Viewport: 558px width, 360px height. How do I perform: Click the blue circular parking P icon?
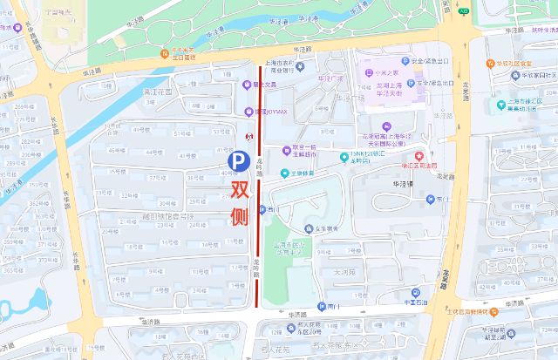tap(237, 161)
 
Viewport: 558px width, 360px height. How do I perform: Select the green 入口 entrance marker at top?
tap(464, 10)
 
